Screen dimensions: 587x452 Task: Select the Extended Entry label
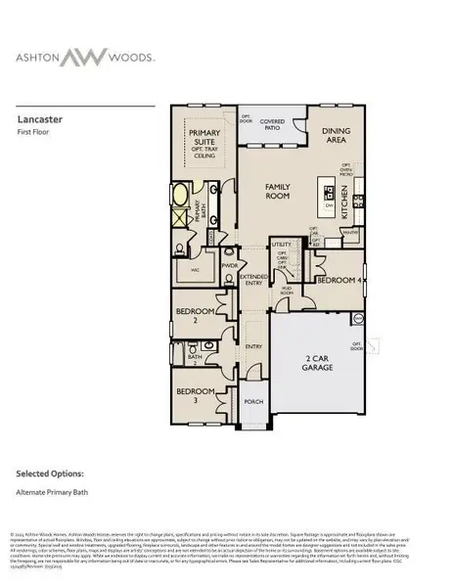point(254,279)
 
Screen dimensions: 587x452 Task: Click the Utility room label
point(283,245)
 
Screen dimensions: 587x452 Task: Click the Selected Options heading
point(56,474)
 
